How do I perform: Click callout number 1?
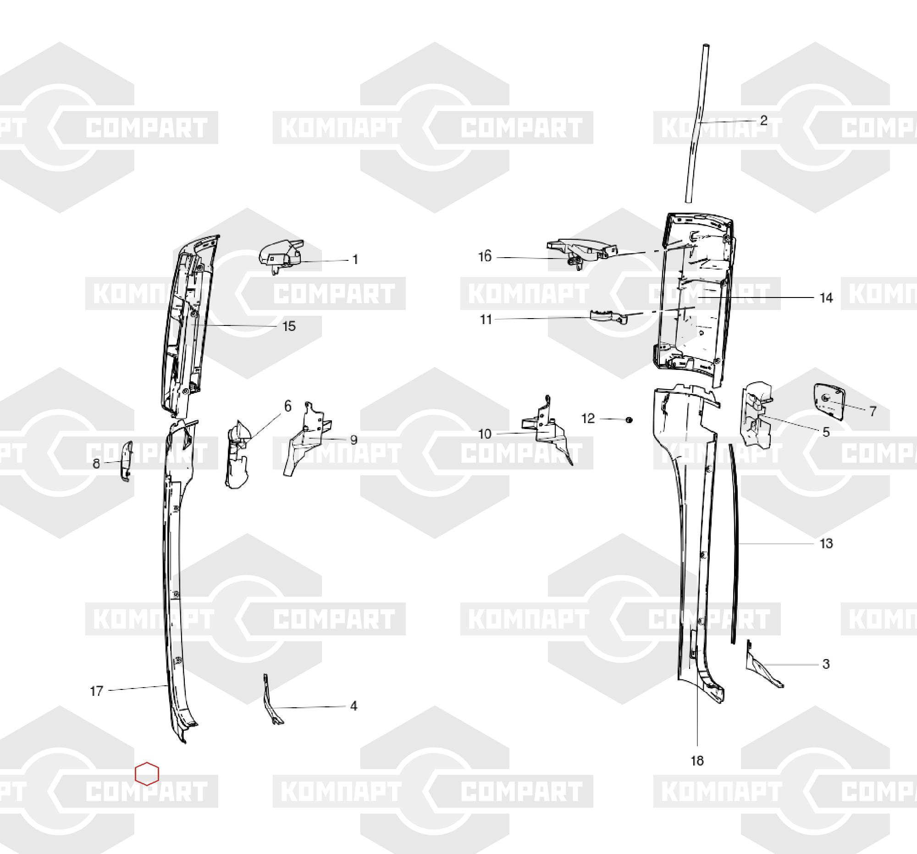point(355,259)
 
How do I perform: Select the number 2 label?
point(763,121)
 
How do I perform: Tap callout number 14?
point(826,298)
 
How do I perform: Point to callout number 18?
point(697,761)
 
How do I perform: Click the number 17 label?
point(96,691)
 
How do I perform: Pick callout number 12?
point(588,418)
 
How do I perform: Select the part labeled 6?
point(237,454)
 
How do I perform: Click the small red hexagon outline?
point(147,773)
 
